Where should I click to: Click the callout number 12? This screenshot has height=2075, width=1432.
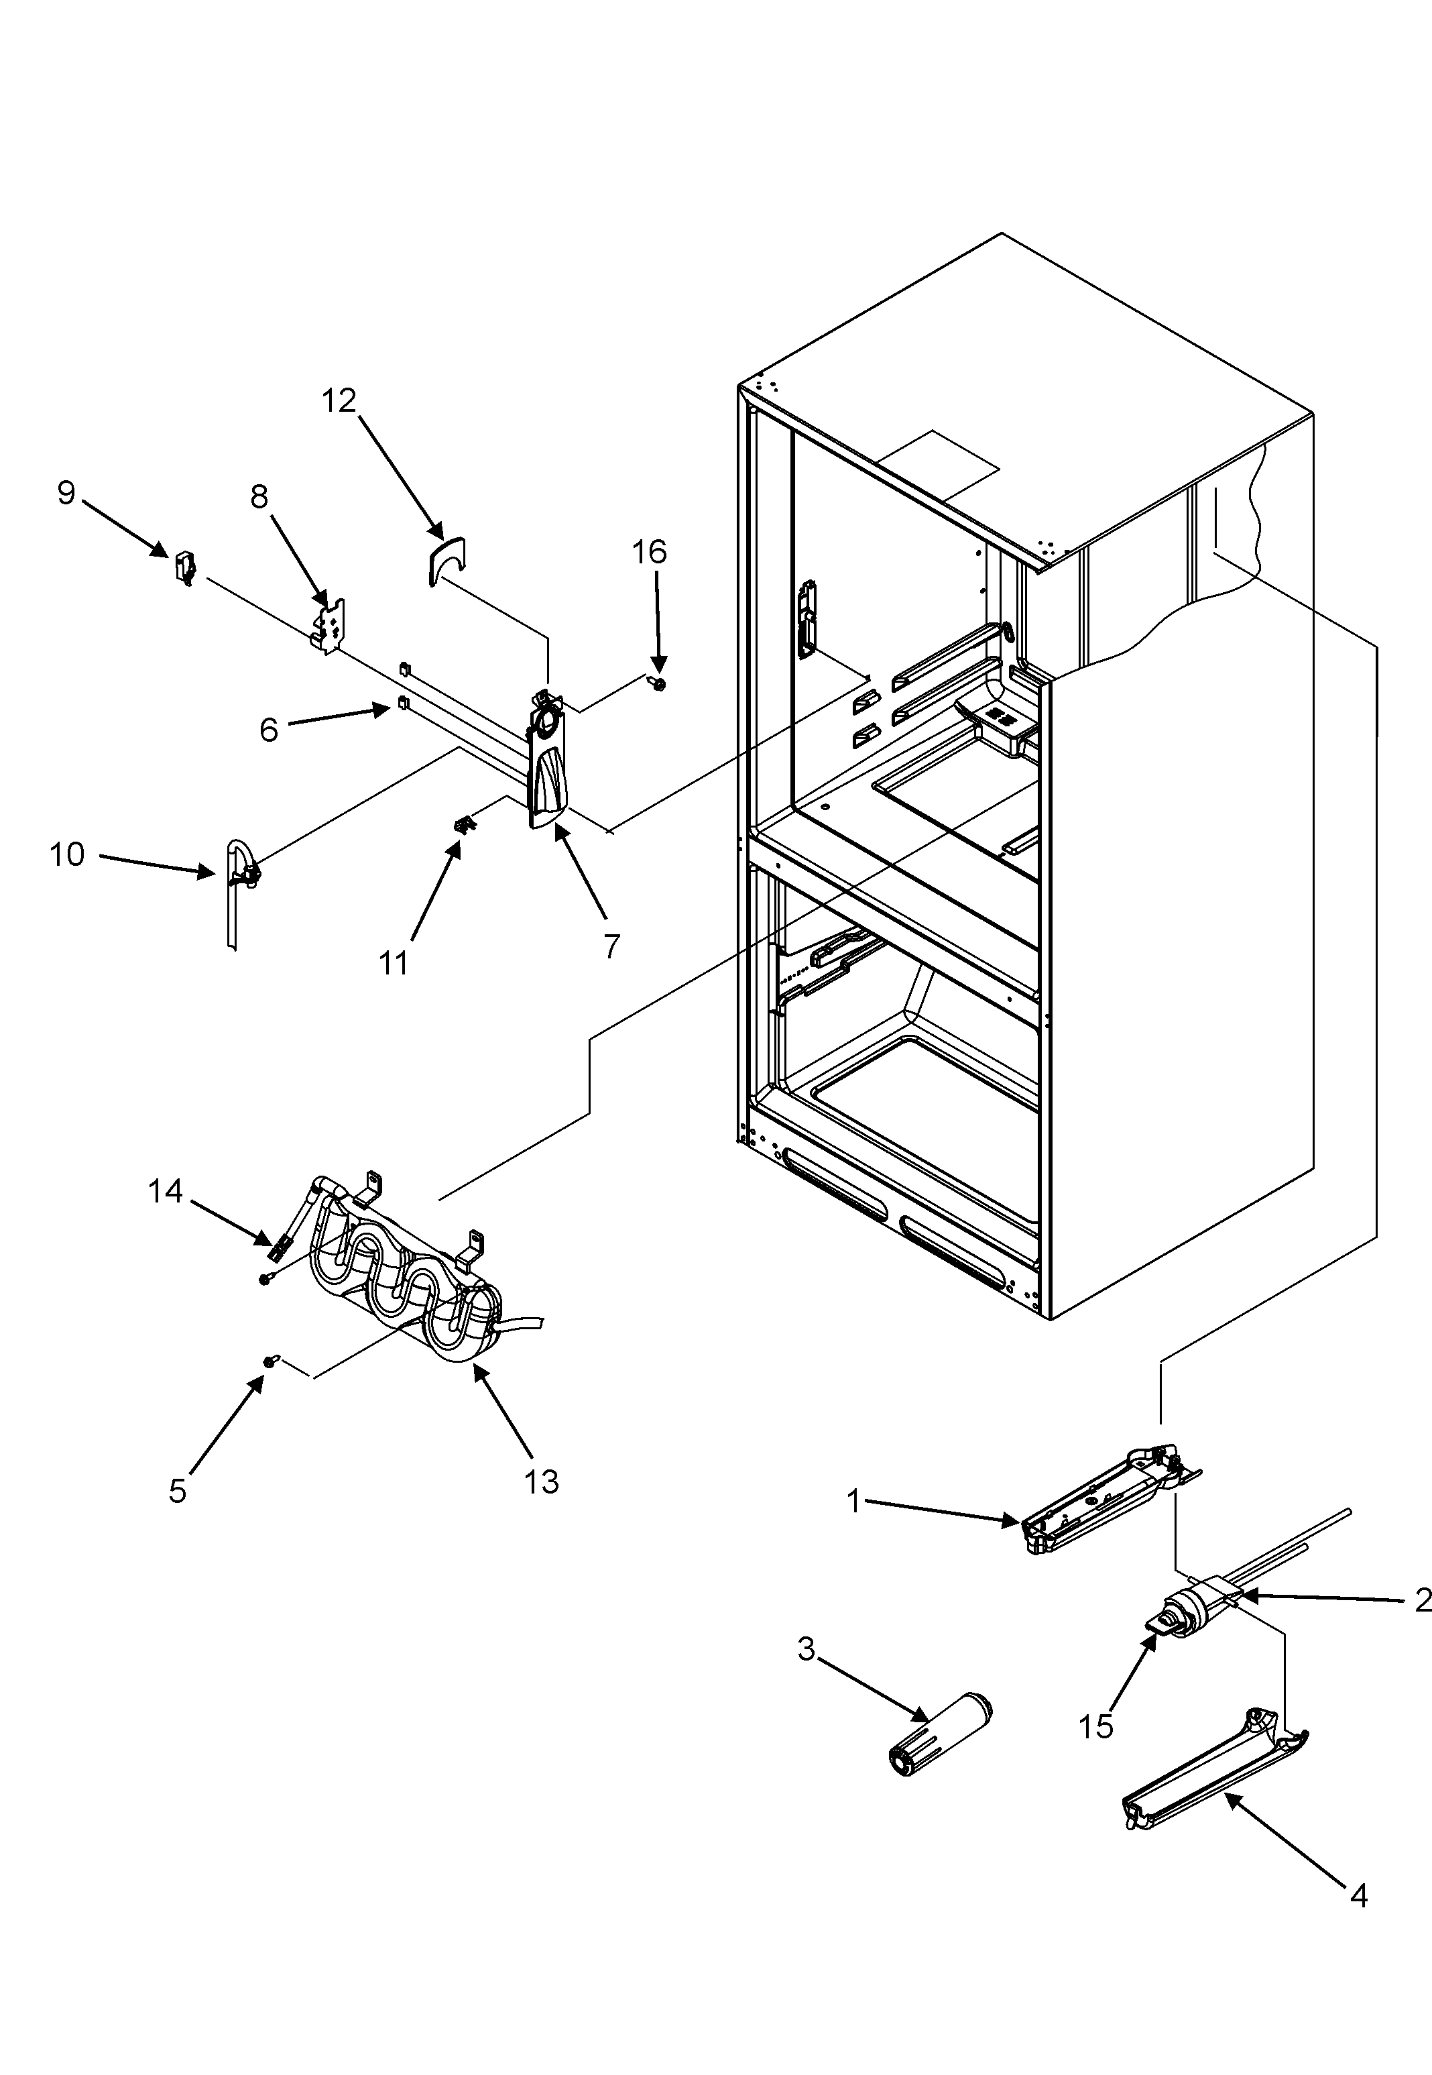coord(339,401)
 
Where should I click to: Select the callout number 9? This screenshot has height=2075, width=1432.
coord(66,493)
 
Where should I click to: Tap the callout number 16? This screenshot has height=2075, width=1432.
coord(650,552)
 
